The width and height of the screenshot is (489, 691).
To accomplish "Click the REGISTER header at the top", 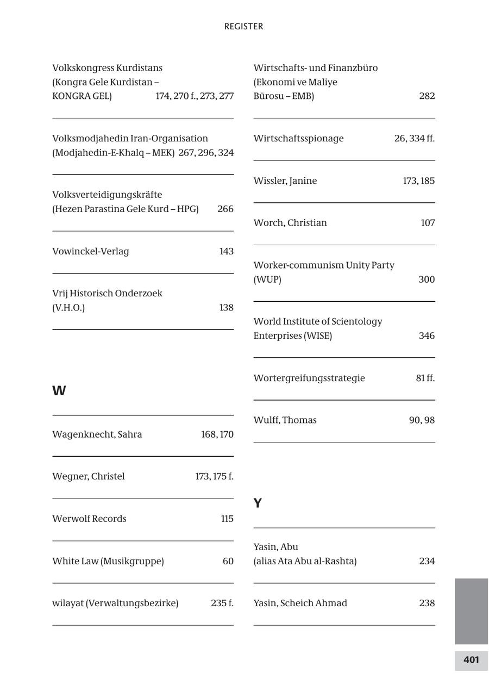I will coord(243,27).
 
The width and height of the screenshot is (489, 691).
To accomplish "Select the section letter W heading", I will coord(59,391).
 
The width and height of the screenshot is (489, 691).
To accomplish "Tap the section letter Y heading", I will coord(258,503).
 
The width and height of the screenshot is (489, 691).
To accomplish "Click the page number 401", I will coord(471,660).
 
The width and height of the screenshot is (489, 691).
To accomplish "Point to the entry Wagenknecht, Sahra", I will coord(97,434).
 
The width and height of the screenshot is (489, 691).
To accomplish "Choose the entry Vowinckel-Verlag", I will coord(91,251).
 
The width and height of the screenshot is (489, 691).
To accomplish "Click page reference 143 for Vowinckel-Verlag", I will coord(226,251).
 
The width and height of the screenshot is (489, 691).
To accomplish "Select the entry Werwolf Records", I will coord(89,519).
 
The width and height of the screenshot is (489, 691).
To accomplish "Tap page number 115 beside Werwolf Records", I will coord(227,519).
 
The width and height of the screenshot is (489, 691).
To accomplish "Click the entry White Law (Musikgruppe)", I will coord(108,561).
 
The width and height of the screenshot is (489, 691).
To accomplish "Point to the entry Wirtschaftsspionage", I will coord(298,139).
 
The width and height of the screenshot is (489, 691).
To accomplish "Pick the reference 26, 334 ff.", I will coord(415,139).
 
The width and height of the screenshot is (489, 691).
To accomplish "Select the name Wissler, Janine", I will coord(285,181).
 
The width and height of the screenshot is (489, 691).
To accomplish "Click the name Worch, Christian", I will coord(290,223).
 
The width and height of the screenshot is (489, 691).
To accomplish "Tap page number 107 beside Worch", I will coord(428,223).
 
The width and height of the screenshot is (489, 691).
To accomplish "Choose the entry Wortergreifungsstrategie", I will coord(309,378).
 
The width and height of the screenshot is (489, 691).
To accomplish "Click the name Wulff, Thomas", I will coord(285,420).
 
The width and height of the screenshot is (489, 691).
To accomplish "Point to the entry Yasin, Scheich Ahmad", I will coord(300,603).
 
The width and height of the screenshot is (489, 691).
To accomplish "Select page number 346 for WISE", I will coord(427,336).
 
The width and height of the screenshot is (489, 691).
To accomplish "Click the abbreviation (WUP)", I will coord(267,279).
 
